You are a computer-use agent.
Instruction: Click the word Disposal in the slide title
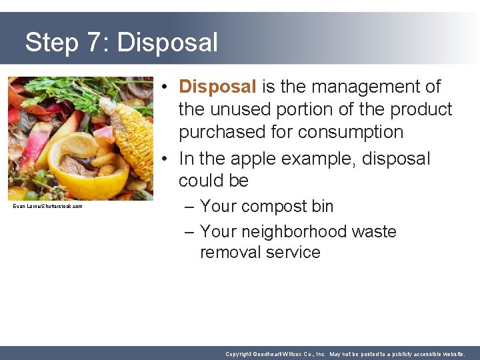[x=167, y=43]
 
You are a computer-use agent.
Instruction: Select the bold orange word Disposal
[x=217, y=87]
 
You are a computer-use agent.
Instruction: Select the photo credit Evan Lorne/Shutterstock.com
[x=48, y=207]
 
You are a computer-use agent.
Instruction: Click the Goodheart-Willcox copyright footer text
[x=345, y=354]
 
